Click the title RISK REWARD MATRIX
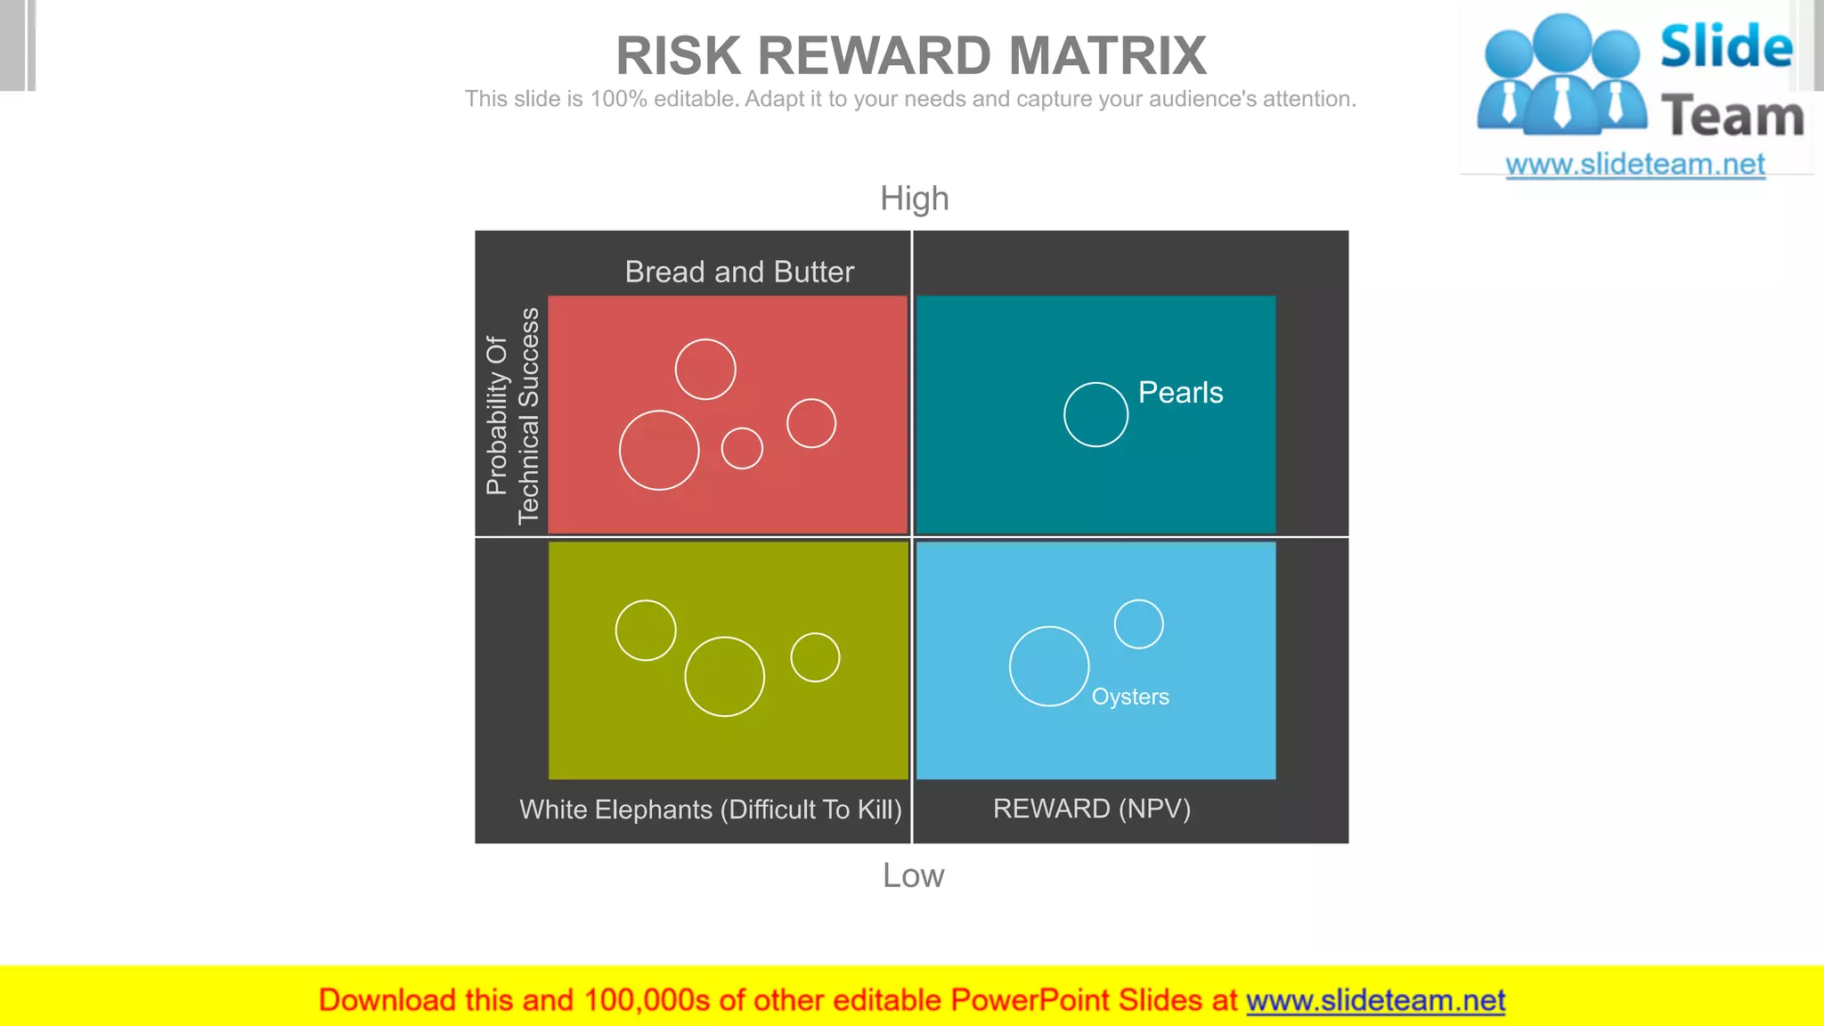click(x=911, y=56)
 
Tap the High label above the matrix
click(x=915, y=199)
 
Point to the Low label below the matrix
click(x=913, y=875)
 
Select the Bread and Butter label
click(x=739, y=272)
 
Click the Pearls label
click(x=1180, y=393)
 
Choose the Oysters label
click(x=1130, y=696)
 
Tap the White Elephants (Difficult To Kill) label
click(x=711, y=810)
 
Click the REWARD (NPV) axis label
click(x=1092, y=809)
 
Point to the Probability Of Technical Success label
click(x=512, y=415)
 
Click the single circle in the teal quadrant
click(x=1095, y=414)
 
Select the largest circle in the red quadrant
click(x=659, y=450)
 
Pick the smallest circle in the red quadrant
click(x=742, y=448)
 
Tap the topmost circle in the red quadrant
click(x=705, y=369)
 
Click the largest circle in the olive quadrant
click(x=724, y=677)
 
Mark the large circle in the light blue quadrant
click(x=1049, y=666)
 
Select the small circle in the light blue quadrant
click(x=1138, y=623)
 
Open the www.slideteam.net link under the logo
click(x=1635, y=165)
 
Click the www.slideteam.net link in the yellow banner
click(x=1375, y=1000)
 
